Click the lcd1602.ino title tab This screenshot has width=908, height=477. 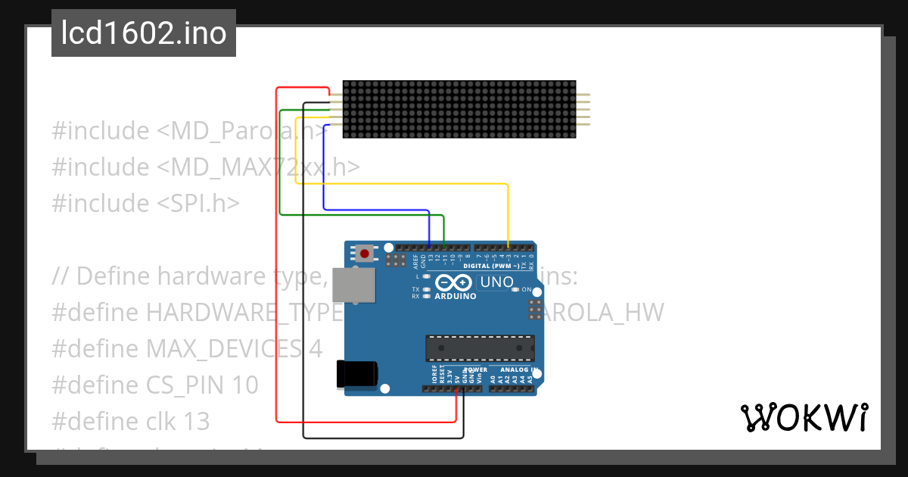[x=143, y=33]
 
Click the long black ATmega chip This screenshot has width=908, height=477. [x=480, y=348]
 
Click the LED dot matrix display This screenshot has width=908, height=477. [x=459, y=109]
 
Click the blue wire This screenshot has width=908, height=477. [x=378, y=209]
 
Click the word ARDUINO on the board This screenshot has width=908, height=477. [x=456, y=296]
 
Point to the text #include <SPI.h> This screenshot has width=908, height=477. [x=146, y=203]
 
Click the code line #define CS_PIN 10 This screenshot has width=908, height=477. [x=155, y=385]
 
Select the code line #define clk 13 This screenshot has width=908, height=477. [x=131, y=421]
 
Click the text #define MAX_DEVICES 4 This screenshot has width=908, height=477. [x=187, y=348]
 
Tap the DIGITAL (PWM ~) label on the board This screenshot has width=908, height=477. [x=490, y=267]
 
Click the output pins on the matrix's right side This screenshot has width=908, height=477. [x=583, y=109]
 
